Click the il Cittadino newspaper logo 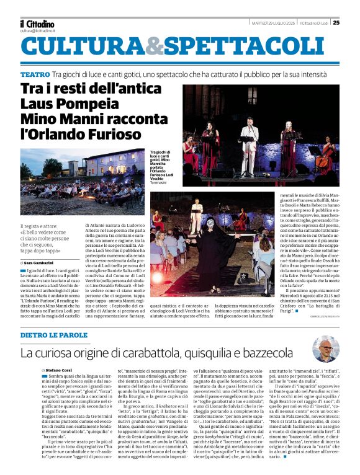[37, 23]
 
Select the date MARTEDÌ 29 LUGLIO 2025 [272, 24]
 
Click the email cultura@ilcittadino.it [37, 30]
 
